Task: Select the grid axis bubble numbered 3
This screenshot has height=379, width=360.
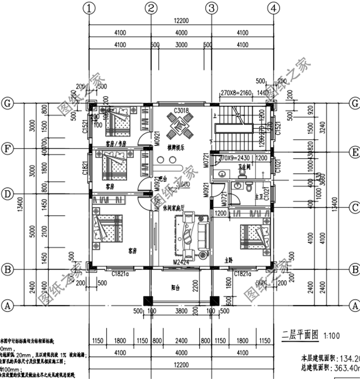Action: [211, 8]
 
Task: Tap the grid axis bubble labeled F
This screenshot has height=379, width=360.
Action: [7, 148]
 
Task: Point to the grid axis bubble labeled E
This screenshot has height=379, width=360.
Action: [355, 152]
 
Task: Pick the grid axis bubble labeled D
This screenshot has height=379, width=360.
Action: [7, 194]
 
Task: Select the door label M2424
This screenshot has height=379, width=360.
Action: [181, 262]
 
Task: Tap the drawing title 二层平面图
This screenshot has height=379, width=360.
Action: [300, 334]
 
